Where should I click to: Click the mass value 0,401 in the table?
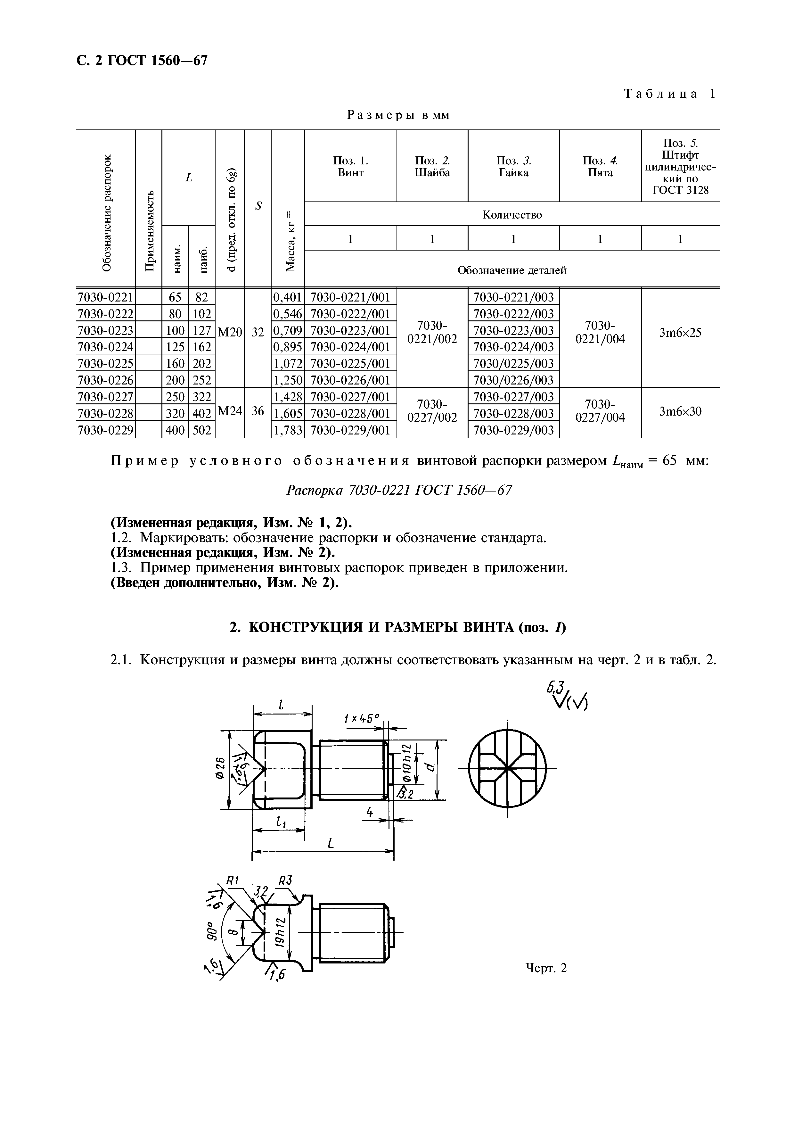tap(288, 297)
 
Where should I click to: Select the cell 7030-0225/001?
tap(350, 363)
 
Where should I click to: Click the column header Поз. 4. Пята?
tap(600, 166)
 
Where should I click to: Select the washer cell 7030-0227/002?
tap(432, 411)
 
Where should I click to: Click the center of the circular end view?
tap(507, 769)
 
